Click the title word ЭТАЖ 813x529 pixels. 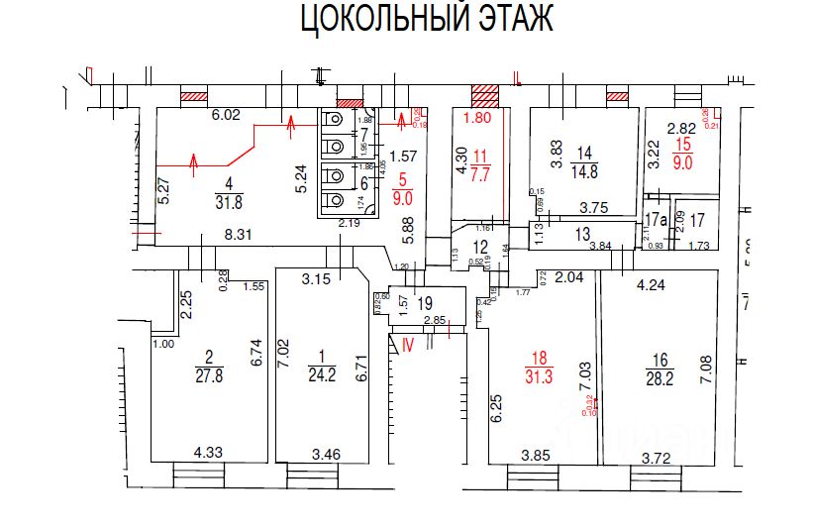point(508,20)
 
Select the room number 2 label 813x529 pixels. point(209,357)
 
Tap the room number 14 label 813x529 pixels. point(585,153)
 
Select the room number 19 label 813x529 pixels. point(425,303)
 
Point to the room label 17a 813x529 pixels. point(654,220)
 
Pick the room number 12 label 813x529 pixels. point(480,247)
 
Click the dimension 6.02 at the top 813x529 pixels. point(227,115)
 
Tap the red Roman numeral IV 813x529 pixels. point(407,344)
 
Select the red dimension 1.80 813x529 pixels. point(477,118)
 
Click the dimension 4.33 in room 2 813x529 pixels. point(208,452)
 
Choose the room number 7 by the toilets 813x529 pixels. point(363,134)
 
